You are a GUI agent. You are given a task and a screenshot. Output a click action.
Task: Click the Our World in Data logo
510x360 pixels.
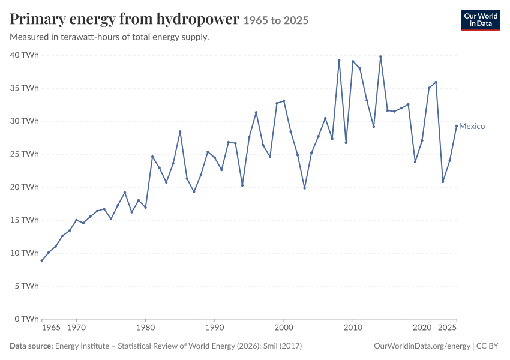tap(481, 20)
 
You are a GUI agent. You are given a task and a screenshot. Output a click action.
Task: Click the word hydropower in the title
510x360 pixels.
tap(198, 19)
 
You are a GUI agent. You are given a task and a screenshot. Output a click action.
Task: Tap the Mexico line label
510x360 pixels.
tap(472, 126)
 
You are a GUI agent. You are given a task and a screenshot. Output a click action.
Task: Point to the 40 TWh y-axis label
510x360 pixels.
tap(25, 55)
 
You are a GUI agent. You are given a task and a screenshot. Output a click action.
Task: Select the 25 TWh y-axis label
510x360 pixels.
tap(25, 154)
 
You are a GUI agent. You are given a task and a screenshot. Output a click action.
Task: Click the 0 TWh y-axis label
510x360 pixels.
tap(26, 319)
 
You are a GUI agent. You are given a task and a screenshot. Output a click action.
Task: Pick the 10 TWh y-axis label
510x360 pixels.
tap(25, 253)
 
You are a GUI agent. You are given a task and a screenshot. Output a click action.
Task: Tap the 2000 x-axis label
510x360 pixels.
tap(284, 328)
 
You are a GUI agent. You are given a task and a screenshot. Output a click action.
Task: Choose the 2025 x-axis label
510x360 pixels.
tap(447, 328)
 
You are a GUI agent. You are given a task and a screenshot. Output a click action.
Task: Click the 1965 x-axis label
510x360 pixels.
tap(51, 328)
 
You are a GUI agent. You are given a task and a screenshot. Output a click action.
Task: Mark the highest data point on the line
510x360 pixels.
tap(380, 56)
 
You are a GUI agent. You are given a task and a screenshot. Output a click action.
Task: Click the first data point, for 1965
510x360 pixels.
tap(42, 260)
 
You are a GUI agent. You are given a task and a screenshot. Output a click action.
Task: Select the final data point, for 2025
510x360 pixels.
tap(457, 126)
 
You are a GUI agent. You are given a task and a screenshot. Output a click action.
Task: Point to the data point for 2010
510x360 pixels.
tap(353, 61)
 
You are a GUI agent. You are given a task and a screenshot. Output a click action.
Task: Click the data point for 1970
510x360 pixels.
tap(76, 220)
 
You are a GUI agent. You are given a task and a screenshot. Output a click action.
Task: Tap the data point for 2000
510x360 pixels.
tap(284, 101)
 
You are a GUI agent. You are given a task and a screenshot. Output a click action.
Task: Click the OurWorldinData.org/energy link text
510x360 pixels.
tap(422, 346)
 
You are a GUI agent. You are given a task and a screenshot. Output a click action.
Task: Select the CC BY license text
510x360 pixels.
tap(487, 346)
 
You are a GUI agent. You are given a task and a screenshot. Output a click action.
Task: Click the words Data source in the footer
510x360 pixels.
tap(31, 346)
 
